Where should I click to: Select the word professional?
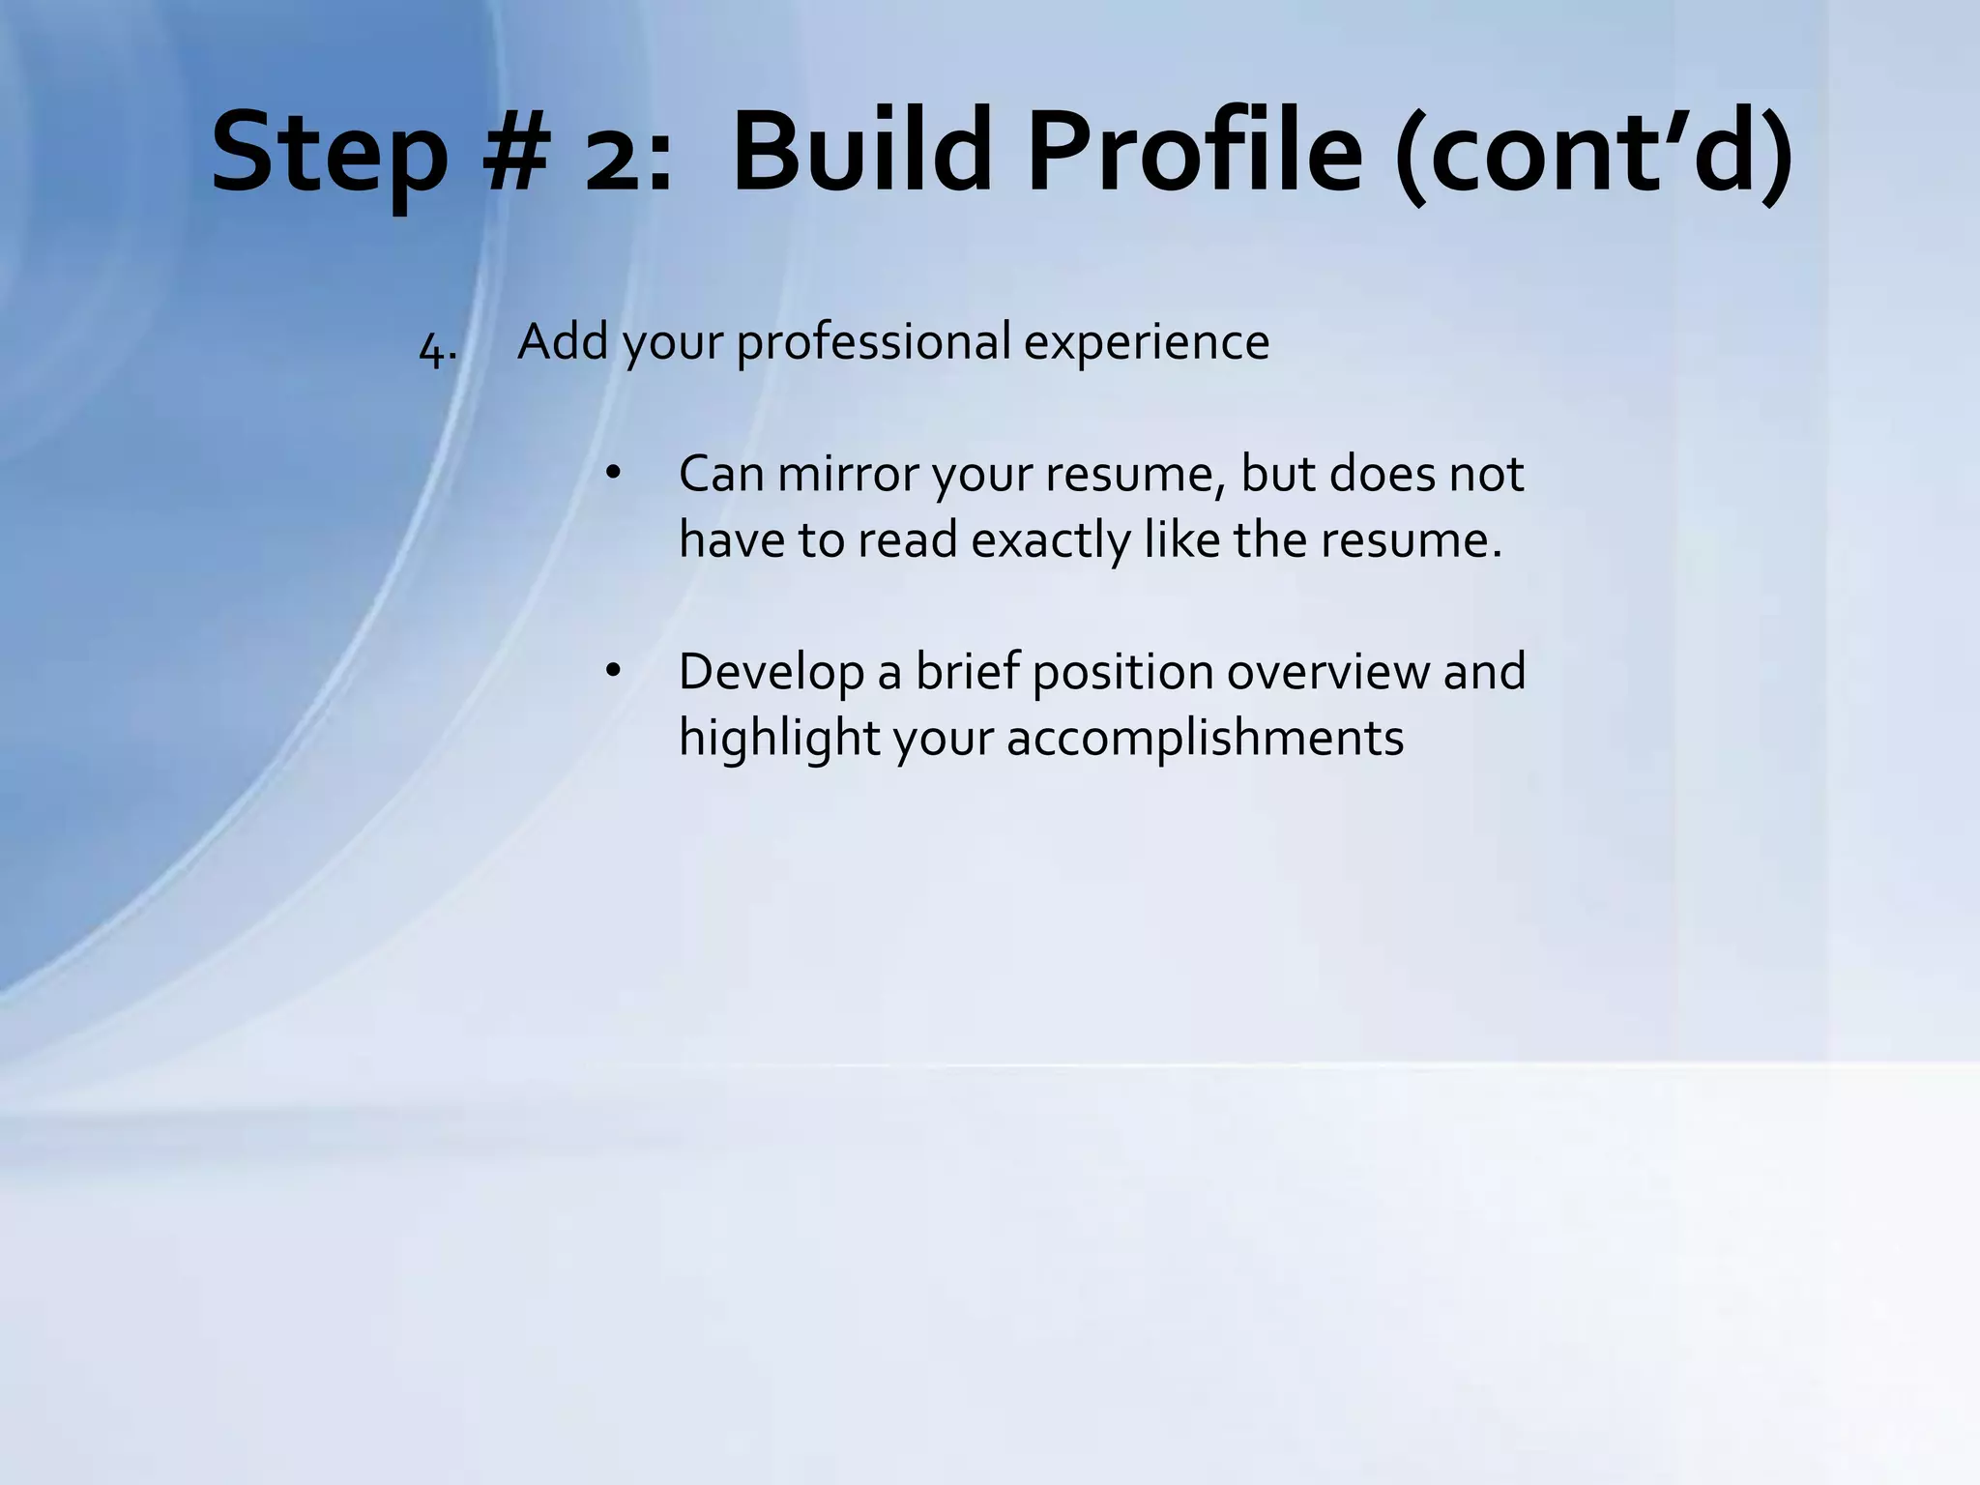pyautogui.click(x=873, y=342)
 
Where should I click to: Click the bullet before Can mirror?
pyautogui.click(x=611, y=475)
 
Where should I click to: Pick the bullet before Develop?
pyautogui.click(x=611, y=672)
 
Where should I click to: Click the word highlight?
pyautogui.click(x=777, y=739)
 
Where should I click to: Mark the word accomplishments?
pyautogui.click(x=1205, y=739)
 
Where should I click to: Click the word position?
pyautogui.click(x=1122, y=671)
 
